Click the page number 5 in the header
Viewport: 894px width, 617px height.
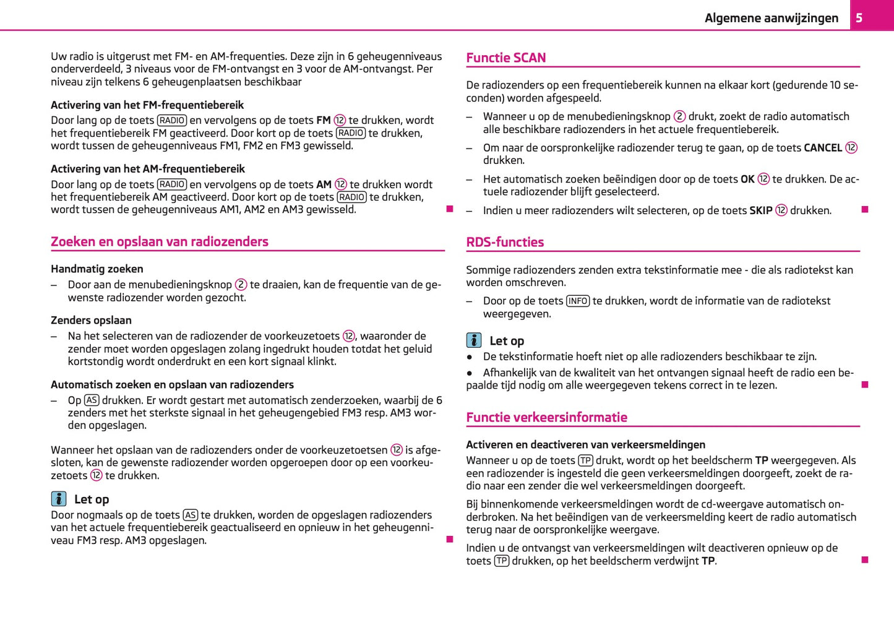tap(859, 18)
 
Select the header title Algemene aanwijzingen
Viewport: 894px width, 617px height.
tap(771, 18)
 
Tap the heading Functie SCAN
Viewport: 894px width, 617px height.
tap(505, 58)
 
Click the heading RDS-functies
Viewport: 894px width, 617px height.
tap(505, 242)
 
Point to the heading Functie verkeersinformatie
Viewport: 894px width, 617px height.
tap(546, 417)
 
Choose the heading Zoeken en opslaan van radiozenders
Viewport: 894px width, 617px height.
tap(160, 241)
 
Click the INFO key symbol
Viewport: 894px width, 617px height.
tap(577, 301)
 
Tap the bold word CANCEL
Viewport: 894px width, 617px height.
tap(822, 148)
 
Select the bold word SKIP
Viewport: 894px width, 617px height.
tap(760, 210)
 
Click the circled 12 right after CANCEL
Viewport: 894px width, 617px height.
tap(851, 148)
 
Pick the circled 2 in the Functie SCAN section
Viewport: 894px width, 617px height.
tap(679, 116)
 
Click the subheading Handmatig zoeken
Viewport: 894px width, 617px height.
tap(97, 269)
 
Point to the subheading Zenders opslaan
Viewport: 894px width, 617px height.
tap(91, 320)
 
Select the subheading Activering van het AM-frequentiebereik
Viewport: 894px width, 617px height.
tap(148, 168)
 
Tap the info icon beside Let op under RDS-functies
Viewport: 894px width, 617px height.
tap(474, 340)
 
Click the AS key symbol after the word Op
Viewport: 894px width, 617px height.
tap(92, 400)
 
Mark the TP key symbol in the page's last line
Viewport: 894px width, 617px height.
tap(502, 561)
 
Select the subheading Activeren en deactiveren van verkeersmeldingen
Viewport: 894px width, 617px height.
tap(585, 444)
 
